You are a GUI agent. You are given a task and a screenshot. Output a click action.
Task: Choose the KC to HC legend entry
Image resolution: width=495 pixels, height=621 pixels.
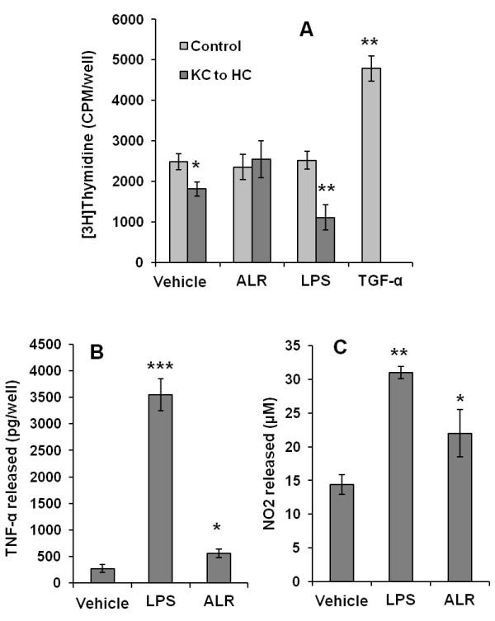click(x=216, y=75)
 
